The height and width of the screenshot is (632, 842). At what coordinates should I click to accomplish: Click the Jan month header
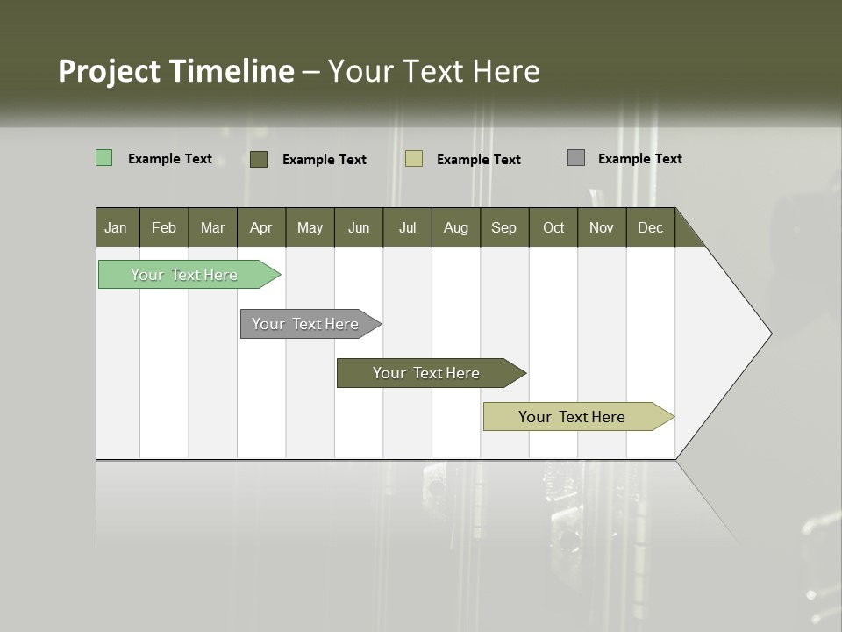(x=116, y=227)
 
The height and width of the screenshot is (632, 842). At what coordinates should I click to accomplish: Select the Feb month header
(x=164, y=227)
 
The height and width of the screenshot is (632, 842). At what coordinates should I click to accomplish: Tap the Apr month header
(x=260, y=227)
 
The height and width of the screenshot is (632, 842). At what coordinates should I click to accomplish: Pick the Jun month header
(x=358, y=227)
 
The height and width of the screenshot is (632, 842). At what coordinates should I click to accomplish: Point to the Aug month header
(x=455, y=227)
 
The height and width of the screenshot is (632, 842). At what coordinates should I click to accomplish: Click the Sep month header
(x=503, y=227)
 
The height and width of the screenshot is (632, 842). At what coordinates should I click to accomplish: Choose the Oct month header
(x=553, y=227)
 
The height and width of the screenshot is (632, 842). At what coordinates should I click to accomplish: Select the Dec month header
(x=650, y=227)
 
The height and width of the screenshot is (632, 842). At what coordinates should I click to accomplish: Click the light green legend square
(x=104, y=158)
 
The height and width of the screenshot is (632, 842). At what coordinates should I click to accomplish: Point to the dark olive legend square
(x=259, y=159)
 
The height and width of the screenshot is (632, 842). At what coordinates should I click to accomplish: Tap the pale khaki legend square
(x=414, y=159)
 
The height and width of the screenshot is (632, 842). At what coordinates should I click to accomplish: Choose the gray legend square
(x=576, y=158)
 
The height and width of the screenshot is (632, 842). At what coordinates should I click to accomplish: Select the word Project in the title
(x=110, y=71)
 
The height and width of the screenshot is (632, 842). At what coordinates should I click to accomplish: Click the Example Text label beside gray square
(x=639, y=158)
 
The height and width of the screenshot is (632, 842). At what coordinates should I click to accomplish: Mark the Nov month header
(x=601, y=227)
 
